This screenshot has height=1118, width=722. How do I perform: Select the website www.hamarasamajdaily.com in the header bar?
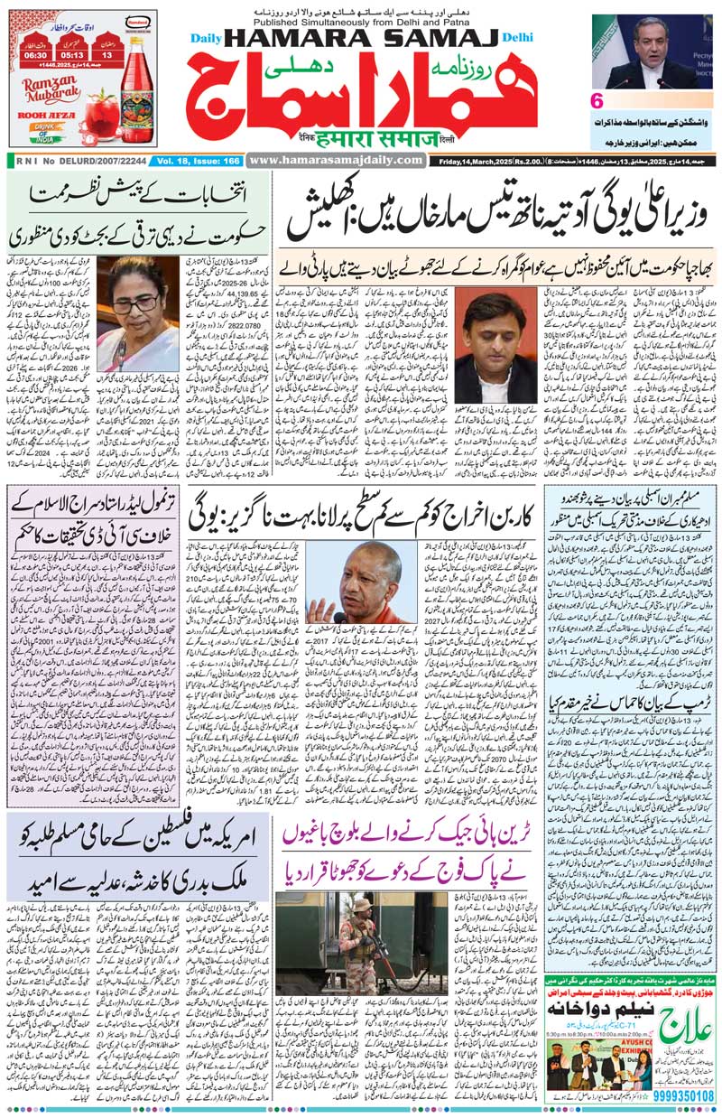336,160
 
